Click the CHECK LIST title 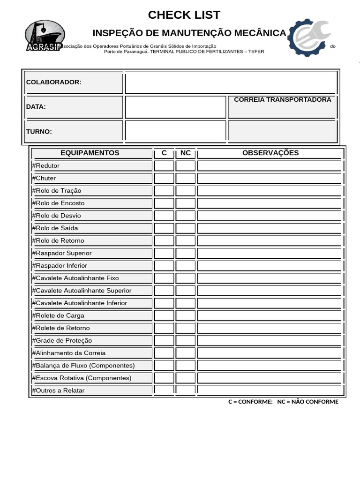click(184, 15)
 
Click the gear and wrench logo click(309, 37)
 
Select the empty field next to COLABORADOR click(231, 82)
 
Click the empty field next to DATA click(175, 107)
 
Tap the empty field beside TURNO click(175, 131)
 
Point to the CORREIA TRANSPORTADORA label click(282, 100)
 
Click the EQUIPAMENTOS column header click(90, 153)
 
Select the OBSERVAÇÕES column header click(270, 153)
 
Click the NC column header click(186, 153)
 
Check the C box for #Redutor click(164, 165)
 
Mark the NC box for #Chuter click(186, 178)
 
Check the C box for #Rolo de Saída click(164, 228)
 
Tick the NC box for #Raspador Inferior click(186, 266)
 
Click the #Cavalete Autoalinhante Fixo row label click(76, 278)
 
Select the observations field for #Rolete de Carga click(270, 315)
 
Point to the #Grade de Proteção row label click(62, 340)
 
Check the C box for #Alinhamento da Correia click(164, 353)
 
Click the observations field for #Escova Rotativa click(270, 378)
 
